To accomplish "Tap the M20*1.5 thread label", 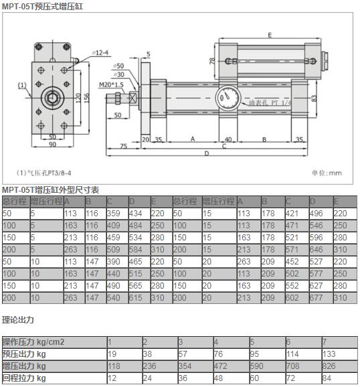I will (111, 84).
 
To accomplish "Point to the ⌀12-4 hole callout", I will (102, 52).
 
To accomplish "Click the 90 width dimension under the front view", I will (52, 145).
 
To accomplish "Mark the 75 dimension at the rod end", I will (123, 145).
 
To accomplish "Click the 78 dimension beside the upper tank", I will (212, 61).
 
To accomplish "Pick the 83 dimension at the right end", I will (314, 98).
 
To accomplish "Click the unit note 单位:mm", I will (326, 172).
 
